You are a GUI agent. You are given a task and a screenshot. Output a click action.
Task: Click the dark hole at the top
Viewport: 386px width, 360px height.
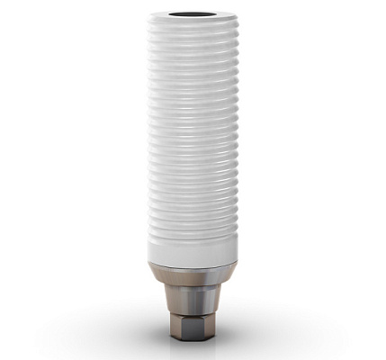click(x=193, y=15)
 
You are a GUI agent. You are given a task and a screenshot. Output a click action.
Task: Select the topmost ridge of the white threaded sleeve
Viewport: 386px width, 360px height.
click(x=193, y=30)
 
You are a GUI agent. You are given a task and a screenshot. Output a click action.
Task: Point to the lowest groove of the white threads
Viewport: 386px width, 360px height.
click(x=193, y=230)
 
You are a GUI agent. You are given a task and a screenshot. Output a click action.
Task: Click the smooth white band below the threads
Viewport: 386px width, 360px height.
click(x=193, y=247)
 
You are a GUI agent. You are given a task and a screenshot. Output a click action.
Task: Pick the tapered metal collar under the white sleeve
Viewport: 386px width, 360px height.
click(x=193, y=274)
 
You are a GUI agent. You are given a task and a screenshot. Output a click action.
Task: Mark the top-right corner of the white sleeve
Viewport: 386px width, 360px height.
click(x=237, y=17)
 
